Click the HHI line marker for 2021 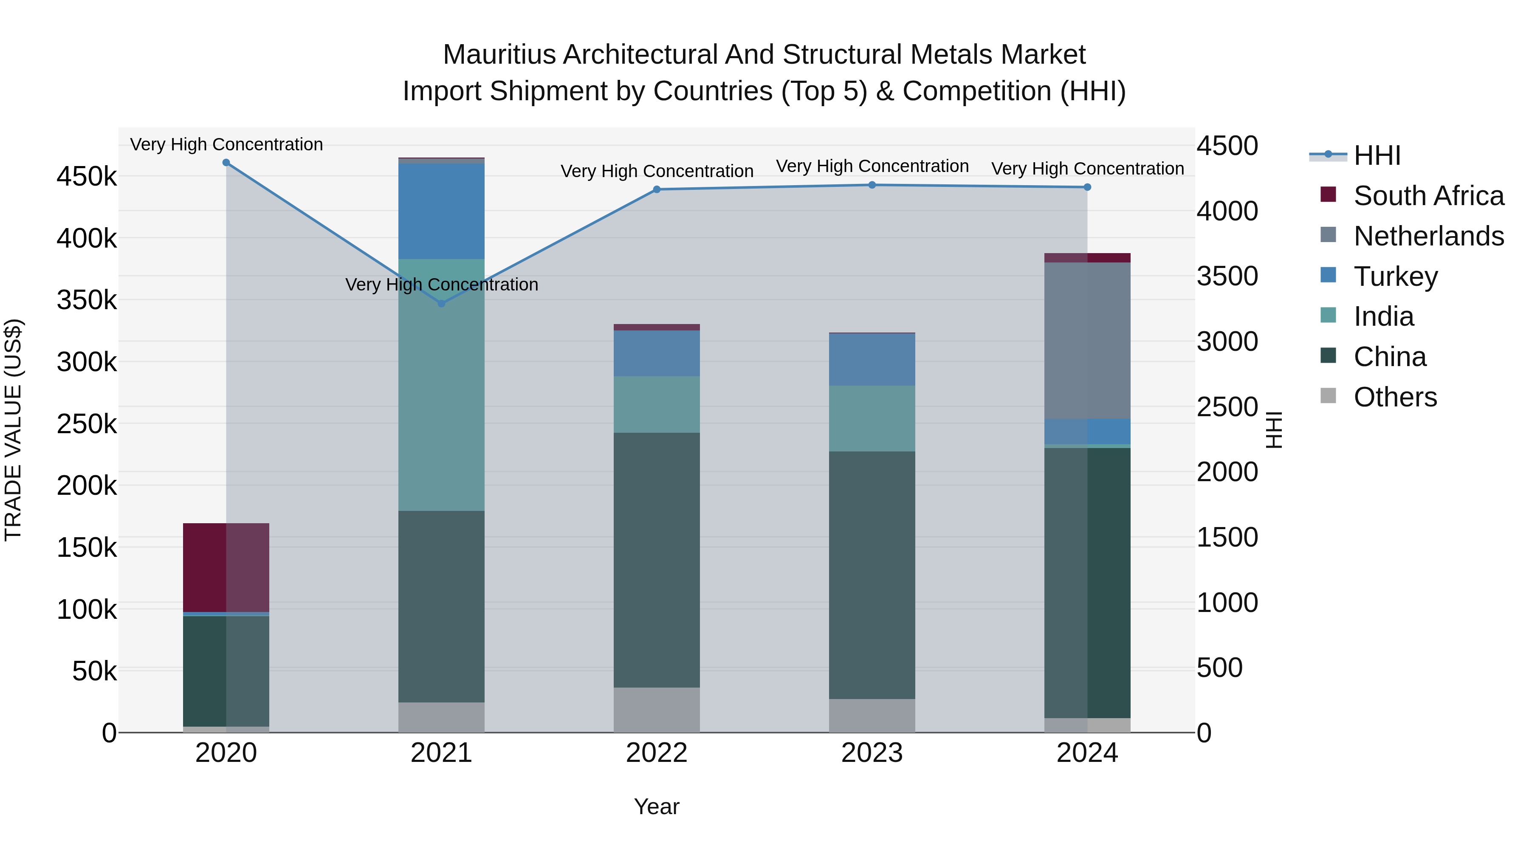tap(441, 303)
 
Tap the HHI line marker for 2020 tap(226, 163)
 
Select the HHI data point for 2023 tap(872, 185)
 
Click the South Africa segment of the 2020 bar tap(226, 567)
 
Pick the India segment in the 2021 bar tap(441, 385)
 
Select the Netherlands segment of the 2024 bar tap(1087, 340)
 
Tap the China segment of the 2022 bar tap(657, 560)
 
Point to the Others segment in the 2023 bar tap(872, 715)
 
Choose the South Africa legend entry tap(1428, 196)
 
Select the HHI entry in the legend tap(1377, 155)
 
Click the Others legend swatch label tap(1395, 397)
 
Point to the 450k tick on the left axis tap(87, 177)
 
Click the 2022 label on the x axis tap(657, 753)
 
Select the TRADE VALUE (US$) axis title tap(13, 430)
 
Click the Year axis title tap(657, 806)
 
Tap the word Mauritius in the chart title tap(500, 55)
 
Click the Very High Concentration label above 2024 tap(1087, 169)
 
